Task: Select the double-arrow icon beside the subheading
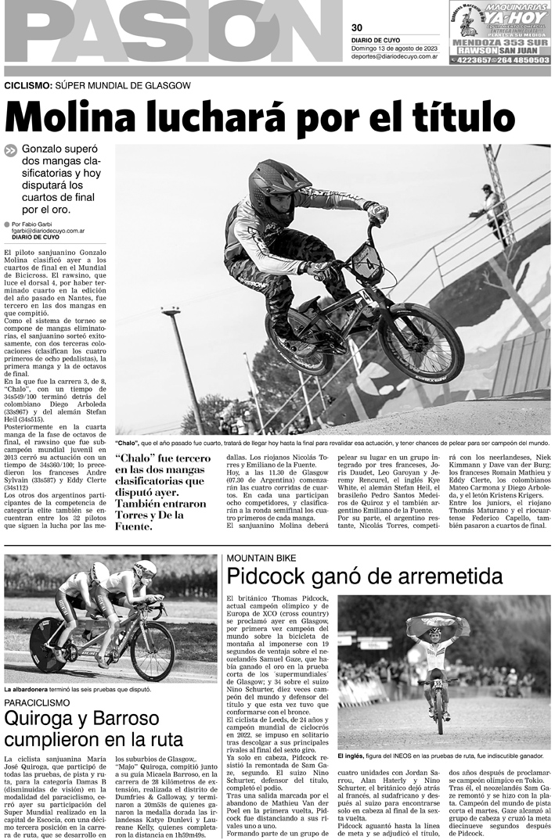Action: point(11,152)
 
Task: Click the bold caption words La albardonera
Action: point(31,689)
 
